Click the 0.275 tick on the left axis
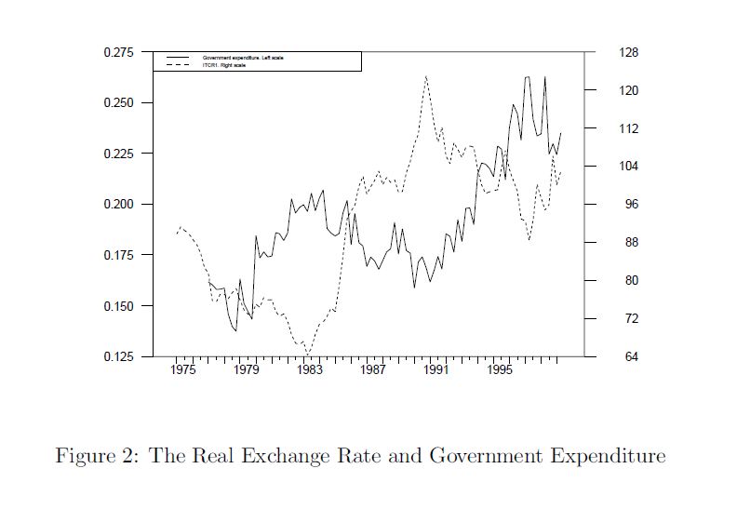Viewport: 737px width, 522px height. click(118, 52)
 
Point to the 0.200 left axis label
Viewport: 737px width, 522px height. click(118, 205)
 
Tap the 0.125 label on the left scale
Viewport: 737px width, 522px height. click(118, 357)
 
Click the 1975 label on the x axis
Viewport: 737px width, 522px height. click(183, 370)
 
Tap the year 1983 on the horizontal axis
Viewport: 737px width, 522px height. click(310, 370)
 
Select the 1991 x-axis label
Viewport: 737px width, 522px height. click(435, 370)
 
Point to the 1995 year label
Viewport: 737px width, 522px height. click(499, 370)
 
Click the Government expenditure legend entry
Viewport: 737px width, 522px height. click(242, 58)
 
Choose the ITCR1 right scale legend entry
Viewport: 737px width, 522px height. click(223, 64)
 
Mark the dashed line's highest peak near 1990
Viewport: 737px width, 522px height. click(425, 76)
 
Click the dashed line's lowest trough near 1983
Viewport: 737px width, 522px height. click(308, 354)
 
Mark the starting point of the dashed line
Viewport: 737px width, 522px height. click(176, 234)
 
